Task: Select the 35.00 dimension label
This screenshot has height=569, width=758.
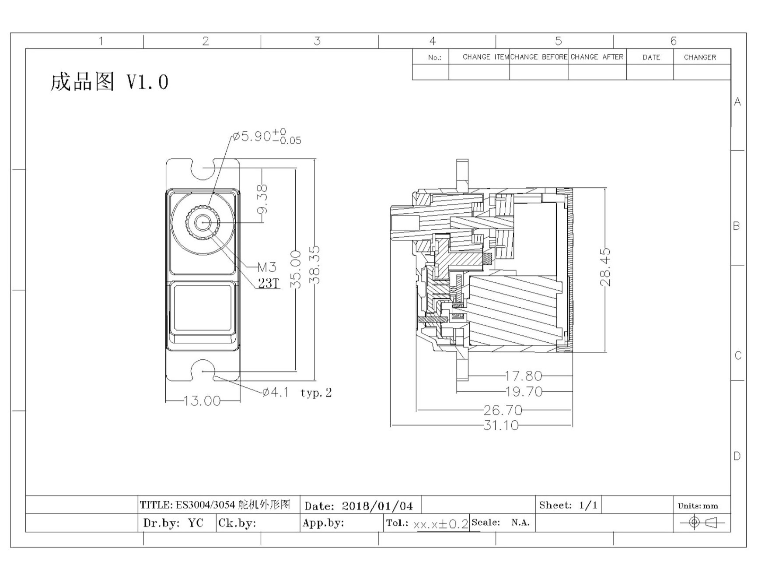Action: [296, 269]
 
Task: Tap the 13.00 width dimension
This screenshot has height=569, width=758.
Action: [202, 400]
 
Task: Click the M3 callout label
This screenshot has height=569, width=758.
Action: [266, 267]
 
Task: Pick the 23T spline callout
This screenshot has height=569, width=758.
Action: [268, 284]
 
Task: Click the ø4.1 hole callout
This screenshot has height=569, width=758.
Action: [276, 392]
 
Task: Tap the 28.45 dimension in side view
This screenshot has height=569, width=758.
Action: [605, 267]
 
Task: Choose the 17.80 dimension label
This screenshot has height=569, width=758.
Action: [524, 376]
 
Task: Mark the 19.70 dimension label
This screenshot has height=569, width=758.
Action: [524, 391]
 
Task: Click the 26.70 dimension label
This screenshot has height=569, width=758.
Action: [503, 410]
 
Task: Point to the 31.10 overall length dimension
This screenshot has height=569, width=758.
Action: [501, 425]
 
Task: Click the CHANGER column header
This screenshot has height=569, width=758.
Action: [700, 57]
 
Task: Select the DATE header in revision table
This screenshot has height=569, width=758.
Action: [651, 57]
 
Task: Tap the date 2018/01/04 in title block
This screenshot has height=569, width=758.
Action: [377, 506]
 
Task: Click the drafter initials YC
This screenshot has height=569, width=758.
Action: [196, 523]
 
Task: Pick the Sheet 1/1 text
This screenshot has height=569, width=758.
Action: [568, 506]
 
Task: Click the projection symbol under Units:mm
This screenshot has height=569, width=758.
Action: [702, 522]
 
